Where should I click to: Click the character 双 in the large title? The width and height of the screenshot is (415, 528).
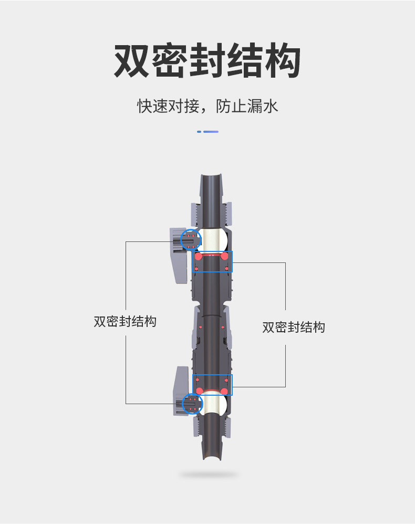point(131,61)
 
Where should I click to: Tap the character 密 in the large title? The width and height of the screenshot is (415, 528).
point(170,61)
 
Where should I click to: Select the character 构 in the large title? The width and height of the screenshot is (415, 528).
point(283,61)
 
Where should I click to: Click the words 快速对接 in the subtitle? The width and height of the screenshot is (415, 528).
point(168,106)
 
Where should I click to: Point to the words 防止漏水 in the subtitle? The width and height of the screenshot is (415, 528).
point(247,106)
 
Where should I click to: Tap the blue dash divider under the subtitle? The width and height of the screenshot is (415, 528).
point(207,132)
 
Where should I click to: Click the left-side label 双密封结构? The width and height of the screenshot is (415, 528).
point(125,321)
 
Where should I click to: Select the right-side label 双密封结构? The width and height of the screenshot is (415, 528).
point(294,328)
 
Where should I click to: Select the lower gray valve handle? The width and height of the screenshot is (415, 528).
point(181,391)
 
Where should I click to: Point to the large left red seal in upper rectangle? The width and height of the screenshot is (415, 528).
point(199,257)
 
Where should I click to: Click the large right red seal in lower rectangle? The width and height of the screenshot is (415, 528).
point(224,392)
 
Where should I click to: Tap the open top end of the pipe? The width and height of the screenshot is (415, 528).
point(211,175)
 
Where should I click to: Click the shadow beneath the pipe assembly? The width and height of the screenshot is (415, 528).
point(209,475)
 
